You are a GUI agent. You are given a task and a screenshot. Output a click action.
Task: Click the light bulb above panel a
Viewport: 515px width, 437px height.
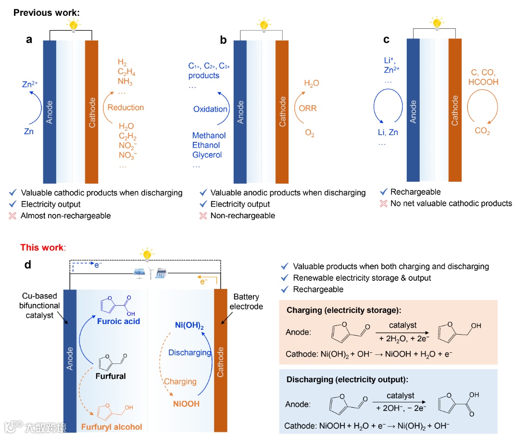tap(73, 25)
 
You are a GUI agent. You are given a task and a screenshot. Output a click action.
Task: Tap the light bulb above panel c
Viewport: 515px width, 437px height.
tap(437, 23)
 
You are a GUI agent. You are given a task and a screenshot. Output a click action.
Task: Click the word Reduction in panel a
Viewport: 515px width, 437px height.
tap(126, 107)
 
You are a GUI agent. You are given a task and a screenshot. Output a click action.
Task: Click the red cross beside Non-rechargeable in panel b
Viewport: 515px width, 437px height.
tap(203, 216)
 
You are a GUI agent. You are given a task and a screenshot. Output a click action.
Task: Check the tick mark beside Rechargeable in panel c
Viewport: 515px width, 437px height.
tap(383, 192)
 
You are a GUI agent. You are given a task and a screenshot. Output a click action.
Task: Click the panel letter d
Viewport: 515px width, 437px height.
tap(28, 264)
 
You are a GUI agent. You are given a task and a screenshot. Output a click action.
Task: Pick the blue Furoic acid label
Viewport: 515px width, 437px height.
tap(119, 322)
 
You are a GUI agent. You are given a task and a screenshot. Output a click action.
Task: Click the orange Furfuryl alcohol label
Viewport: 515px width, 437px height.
tap(112, 426)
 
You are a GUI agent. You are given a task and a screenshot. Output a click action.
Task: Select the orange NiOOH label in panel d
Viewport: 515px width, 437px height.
tap(186, 404)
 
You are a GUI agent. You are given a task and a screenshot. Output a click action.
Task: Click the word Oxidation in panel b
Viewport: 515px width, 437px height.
tap(210, 109)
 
